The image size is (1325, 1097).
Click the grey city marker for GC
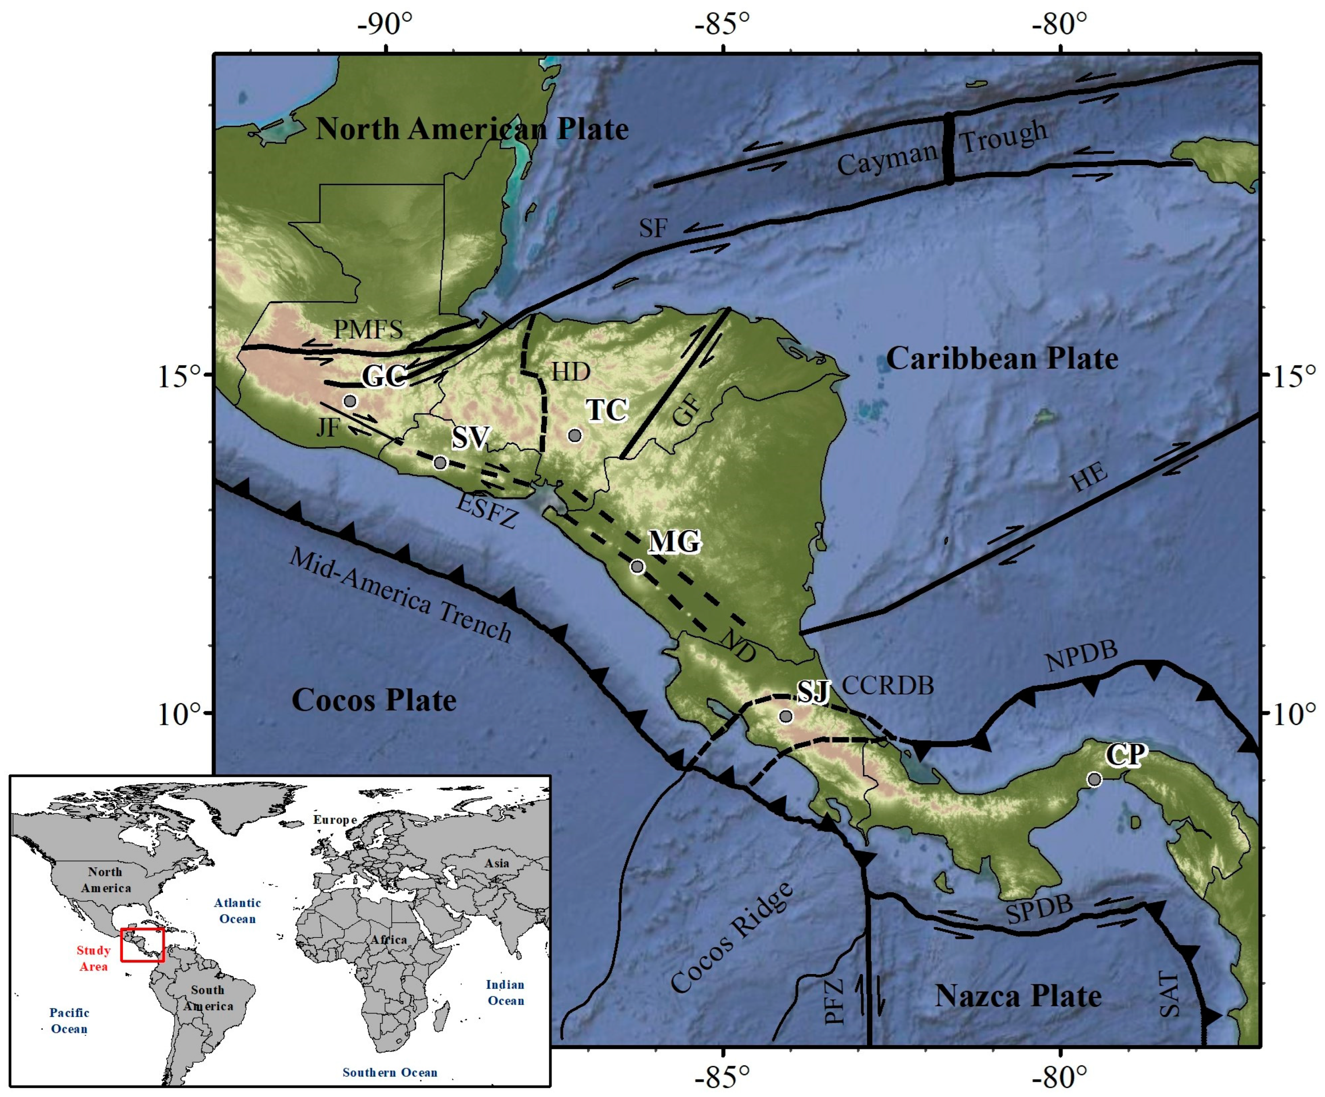pos(350,401)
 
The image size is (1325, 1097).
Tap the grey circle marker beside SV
pos(440,463)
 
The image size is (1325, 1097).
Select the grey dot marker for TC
pos(574,435)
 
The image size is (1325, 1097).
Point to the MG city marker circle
pos(637,567)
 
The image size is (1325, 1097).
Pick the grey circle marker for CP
pos(1095,779)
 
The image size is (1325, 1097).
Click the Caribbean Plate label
pos(1002,359)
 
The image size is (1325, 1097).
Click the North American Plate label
pos(472,129)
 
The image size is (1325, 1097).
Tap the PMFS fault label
pos(368,329)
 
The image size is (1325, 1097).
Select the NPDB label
pos(1081,657)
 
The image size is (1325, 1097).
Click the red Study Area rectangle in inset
pos(143,945)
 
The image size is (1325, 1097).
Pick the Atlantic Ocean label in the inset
pos(237,911)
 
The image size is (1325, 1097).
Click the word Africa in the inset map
pos(389,939)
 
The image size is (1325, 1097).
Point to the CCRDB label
pos(888,686)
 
